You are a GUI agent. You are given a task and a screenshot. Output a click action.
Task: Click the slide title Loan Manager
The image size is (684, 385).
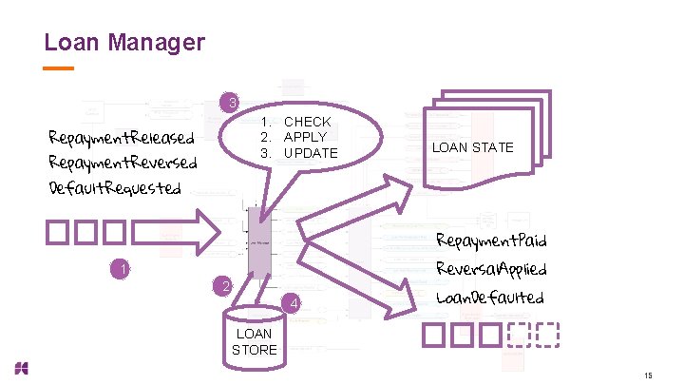[x=124, y=43]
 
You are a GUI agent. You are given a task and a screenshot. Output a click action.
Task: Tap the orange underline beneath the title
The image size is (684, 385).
[x=59, y=68]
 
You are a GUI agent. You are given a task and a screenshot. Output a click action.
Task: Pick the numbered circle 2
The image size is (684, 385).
[x=220, y=286]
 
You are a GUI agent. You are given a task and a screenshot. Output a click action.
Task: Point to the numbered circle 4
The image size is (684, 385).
[x=294, y=304]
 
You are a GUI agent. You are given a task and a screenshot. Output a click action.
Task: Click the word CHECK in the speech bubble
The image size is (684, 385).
[x=307, y=122]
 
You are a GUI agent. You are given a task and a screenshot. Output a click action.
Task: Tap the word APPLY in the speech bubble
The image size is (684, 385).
[x=305, y=137]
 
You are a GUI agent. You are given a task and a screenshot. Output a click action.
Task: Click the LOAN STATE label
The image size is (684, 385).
[x=472, y=147]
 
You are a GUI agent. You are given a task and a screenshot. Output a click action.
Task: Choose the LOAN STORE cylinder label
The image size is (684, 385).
[x=254, y=341]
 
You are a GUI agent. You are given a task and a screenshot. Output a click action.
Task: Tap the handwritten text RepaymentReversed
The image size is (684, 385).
[x=123, y=163]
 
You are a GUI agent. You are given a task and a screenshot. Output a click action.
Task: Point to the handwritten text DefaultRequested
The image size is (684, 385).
[x=114, y=186]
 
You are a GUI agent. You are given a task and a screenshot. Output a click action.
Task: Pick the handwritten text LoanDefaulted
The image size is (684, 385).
[x=489, y=298]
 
